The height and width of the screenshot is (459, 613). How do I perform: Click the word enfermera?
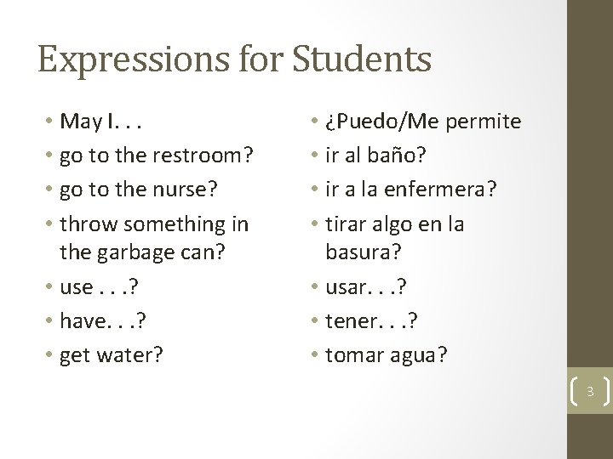point(450,190)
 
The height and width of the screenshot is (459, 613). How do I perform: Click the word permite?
point(483,122)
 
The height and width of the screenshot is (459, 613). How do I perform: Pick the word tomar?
point(356,354)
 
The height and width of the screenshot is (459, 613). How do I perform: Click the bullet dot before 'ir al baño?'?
point(317,156)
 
